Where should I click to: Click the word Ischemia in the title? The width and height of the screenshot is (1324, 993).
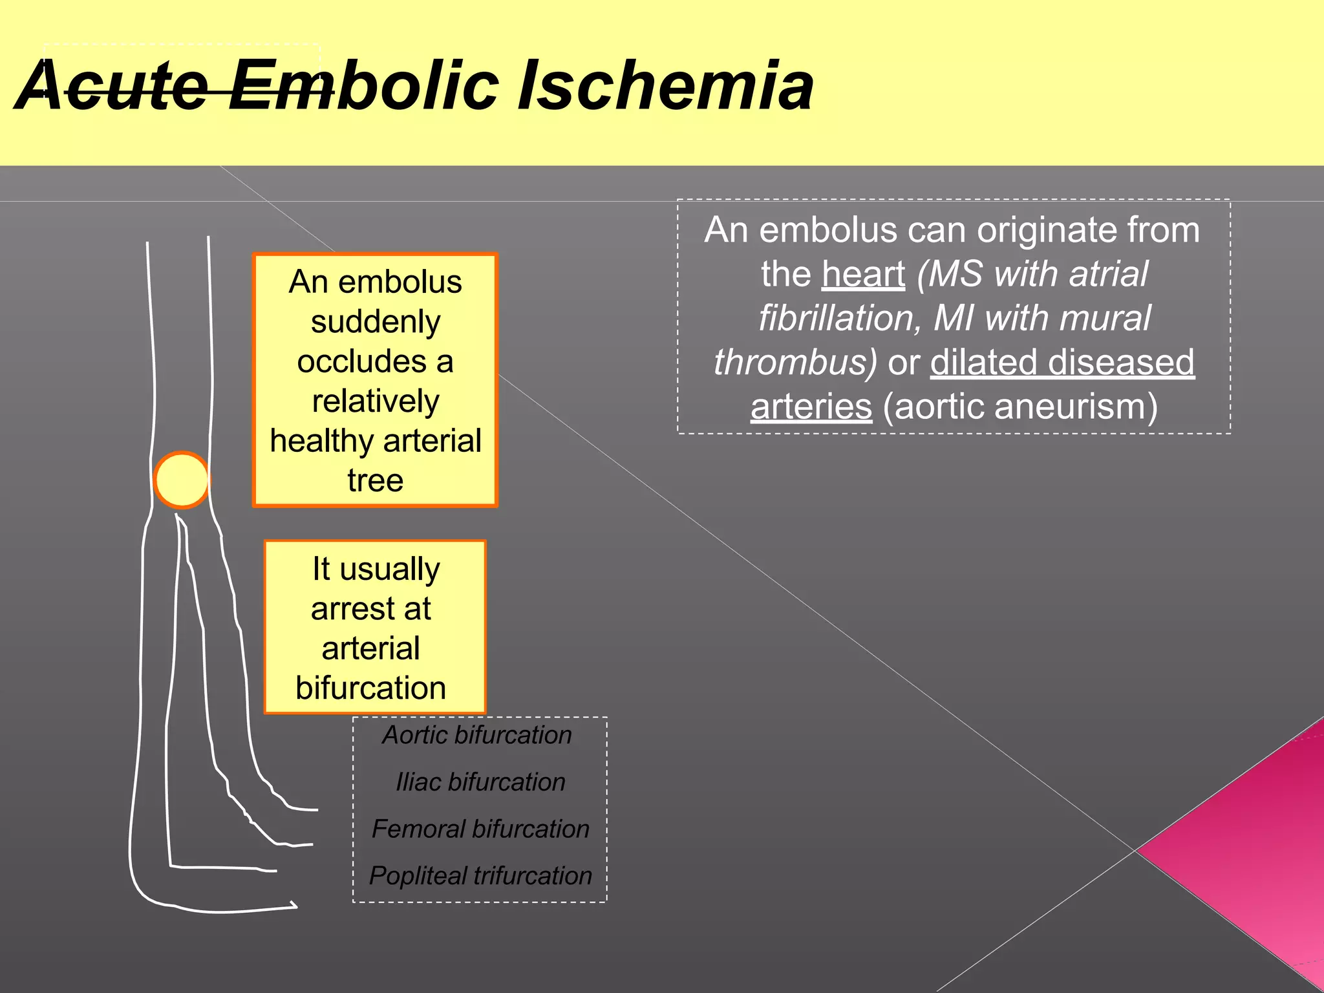[666, 86]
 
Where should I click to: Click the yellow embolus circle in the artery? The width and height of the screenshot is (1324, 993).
[182, 480]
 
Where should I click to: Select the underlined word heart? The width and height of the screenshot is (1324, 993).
[863, 274]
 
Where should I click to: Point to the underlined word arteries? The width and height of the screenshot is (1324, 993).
[811, 407]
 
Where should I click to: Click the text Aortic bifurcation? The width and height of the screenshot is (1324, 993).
[477, 735]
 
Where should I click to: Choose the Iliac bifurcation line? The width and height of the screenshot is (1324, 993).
[480, 782]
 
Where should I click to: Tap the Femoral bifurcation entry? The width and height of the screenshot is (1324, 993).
[480, 829]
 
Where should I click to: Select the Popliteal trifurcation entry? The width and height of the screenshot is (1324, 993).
[480, 876]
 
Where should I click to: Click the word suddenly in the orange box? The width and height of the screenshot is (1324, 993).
[376, 322]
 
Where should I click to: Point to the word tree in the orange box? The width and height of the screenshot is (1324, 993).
[376, 480]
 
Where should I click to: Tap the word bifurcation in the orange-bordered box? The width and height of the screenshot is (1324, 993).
[371, 688]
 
